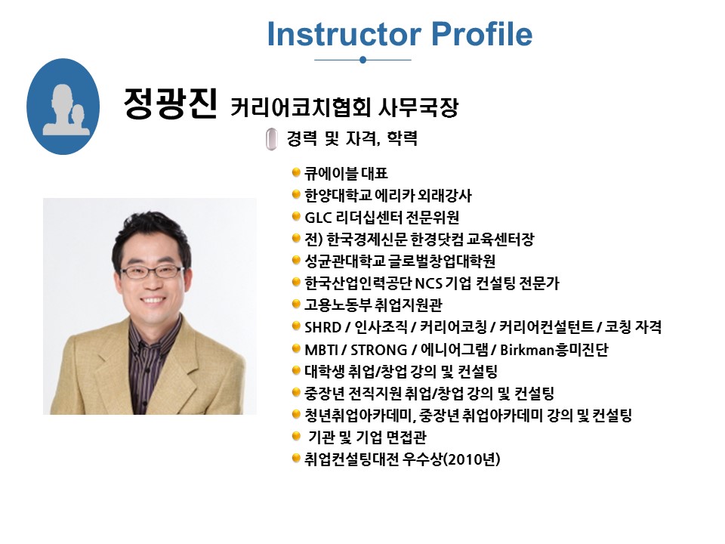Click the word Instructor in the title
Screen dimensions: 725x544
(x=344, y=34)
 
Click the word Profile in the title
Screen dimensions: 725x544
(x=482, y=34)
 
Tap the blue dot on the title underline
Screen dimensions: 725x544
(x=363, y=60)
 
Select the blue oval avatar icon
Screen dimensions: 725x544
(x=63, y=107)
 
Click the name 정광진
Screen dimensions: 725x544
(x=170, y=103)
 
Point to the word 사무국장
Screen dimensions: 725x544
(x=418, y=107)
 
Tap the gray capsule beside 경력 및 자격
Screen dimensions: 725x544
(x=272, y=139)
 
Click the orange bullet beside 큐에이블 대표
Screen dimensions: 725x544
(x=296, y=173)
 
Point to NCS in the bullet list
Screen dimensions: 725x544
(x=429, y=283)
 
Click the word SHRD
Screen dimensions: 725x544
(x=322, y=327)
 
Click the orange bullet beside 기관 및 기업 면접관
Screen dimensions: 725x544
(x=296, y=436)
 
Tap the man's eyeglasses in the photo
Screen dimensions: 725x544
(x=152, y=271)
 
